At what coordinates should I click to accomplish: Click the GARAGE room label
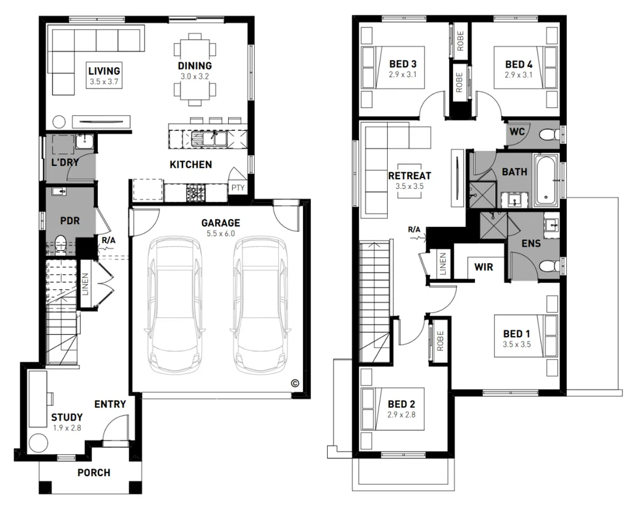220,223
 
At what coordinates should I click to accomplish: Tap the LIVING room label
104,71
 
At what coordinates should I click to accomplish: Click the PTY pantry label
237,188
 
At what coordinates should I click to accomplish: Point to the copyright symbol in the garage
294,383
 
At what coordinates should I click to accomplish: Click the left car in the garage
175,304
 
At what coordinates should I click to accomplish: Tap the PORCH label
94,472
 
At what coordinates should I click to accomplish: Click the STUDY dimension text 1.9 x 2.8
66,427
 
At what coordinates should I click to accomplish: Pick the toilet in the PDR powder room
61,243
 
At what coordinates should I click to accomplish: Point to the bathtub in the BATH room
546,179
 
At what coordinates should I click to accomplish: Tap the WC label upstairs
517,132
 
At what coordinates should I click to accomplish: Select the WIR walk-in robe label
483,266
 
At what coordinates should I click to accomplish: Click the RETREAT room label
409,176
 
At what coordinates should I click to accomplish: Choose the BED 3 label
402,64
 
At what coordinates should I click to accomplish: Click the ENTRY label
109,404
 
